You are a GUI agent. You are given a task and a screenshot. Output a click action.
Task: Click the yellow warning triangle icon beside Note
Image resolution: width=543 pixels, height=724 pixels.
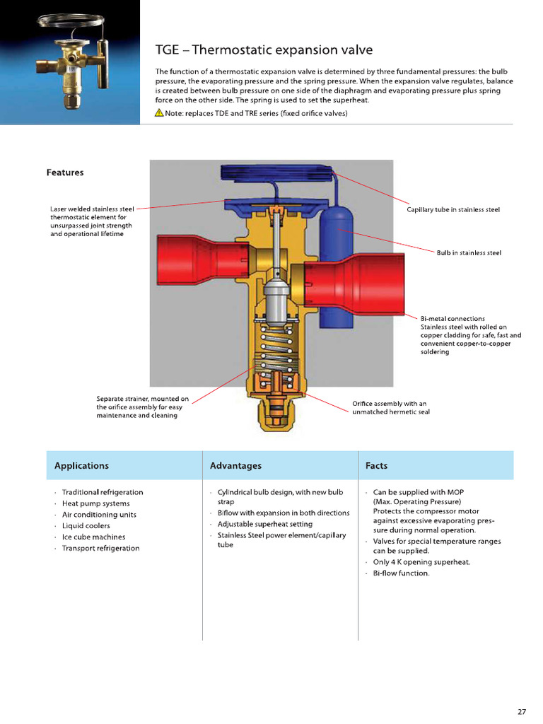coord(159,114)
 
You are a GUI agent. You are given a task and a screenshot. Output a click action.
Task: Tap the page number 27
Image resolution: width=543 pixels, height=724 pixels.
coord(521,712)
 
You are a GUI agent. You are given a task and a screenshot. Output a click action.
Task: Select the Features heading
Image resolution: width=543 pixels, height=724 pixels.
coord(65,173)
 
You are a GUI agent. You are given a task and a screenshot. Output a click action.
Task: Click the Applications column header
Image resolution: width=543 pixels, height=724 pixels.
coord(81,466)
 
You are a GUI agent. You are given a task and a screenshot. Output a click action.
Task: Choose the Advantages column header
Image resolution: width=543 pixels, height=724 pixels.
coord(235,466)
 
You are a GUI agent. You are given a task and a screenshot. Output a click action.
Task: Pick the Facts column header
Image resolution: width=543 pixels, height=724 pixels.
coord(376,466)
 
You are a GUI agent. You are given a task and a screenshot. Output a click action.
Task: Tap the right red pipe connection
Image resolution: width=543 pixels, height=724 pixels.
coord(354,283)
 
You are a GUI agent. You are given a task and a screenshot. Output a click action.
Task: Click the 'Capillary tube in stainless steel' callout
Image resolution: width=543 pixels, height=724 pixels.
coord(453,210)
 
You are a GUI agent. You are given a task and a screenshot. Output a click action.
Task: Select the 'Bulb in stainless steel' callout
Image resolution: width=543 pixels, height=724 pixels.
coord(469,252)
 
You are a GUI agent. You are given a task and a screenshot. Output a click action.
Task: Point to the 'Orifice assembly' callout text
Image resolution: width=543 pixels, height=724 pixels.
coord(390,408)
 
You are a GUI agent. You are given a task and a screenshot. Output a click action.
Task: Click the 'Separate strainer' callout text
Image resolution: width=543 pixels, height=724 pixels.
coord(142,407)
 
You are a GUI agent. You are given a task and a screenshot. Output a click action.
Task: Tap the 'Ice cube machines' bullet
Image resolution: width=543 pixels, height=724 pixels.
coord(94,537)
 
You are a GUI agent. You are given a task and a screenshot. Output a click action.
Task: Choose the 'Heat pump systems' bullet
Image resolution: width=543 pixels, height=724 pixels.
coord(95,503)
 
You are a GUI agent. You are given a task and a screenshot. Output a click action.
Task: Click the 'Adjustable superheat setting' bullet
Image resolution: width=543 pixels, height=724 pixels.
coord(264,524)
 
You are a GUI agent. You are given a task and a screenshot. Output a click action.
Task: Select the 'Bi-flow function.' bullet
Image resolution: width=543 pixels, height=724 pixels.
coord(401,573)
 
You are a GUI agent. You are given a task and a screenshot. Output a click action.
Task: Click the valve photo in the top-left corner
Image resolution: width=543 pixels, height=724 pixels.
coord(69,62)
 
